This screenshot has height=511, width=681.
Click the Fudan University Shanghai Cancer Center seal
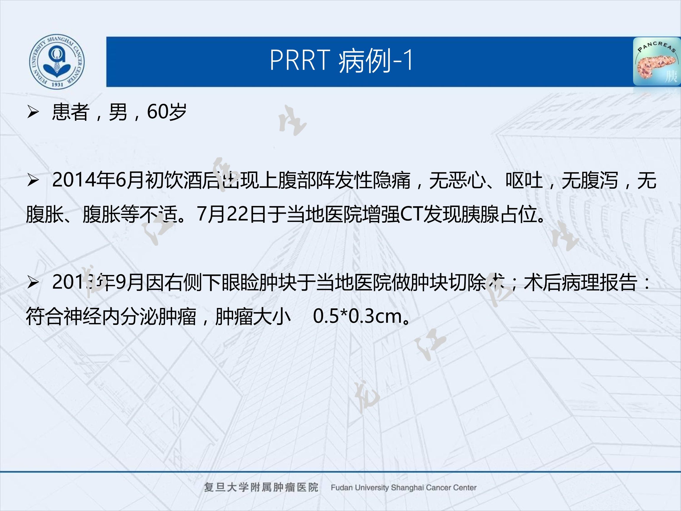(x=57, y=62)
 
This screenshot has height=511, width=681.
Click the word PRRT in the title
(x=300, y=60)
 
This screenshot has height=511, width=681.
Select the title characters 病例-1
(x=375, y=61)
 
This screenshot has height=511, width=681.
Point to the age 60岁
(x=167, y=112)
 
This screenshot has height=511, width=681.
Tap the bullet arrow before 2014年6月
(x=33, y=181)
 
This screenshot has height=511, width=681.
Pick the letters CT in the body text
(x=411, y=214)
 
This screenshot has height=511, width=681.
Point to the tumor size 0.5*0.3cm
(x=357, y=316)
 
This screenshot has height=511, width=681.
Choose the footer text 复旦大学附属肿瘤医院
(x=261, y=488)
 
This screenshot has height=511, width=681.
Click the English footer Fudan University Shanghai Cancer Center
(x=403, y=488)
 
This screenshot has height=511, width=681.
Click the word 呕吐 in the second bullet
(x=524, y=181)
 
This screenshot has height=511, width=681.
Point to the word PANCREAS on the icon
(x=656, y=48)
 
